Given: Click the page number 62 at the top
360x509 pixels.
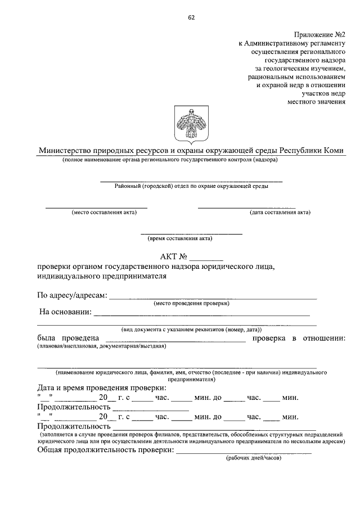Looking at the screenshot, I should (191, 16).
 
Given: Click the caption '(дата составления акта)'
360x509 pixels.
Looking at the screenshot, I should (280, 213).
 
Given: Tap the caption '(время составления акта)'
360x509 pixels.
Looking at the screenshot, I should (180, 238).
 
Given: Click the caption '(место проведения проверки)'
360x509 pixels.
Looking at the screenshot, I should (191, 303).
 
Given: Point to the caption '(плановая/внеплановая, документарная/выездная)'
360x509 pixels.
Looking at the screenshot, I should (101, 346).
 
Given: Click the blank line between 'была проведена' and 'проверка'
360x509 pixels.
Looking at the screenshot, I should (175, 339).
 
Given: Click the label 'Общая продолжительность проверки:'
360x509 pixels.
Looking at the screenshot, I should (106, 451).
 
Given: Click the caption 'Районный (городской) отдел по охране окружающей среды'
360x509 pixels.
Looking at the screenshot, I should (191, 186).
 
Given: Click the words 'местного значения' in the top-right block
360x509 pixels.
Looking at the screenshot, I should (317, 102).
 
